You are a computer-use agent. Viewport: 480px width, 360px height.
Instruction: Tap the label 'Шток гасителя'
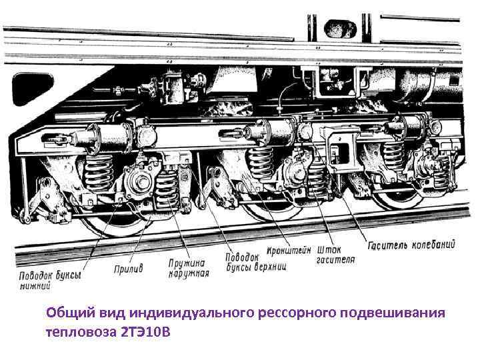click(335, 255)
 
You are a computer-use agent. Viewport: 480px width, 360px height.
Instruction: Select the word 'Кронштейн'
click(289, 250)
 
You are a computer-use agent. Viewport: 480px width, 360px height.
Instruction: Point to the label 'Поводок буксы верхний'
click(256, 262)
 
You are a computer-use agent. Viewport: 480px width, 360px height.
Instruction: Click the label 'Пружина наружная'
click(189, 269)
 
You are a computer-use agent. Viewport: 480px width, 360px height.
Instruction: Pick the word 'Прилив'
click(128, 269)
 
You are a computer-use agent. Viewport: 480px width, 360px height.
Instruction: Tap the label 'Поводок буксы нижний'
click(50, 281)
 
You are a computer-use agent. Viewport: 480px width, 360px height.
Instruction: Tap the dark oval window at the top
click(340, 29)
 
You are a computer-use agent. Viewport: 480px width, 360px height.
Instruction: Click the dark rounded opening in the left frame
click(33, 89)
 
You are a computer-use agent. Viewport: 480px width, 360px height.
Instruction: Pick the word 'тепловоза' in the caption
click(79, 332)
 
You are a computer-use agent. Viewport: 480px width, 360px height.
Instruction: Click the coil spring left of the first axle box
click(99, 173)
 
